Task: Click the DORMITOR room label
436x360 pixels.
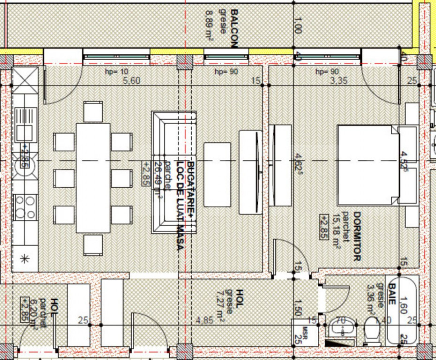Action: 357,235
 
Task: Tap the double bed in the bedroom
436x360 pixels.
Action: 368,165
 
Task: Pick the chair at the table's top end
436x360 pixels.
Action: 93,112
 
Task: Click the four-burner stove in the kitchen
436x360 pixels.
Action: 24,207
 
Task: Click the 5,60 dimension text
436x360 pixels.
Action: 132,81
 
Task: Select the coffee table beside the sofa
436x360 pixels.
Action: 217,174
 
